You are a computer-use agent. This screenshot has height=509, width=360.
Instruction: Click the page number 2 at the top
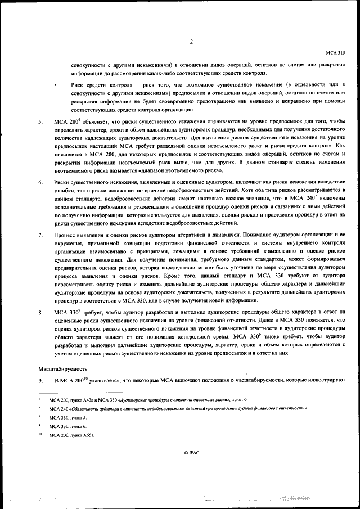point(191,41)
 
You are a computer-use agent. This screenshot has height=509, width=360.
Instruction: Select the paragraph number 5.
point(40,121)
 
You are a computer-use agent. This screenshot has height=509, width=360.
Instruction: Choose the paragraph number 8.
point(40,310)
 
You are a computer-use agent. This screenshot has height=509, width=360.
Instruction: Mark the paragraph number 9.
point(40,382)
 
